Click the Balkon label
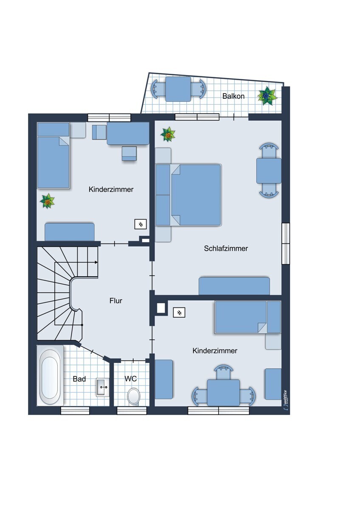coord(233,96)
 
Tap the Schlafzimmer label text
coord(226,249)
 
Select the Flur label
coord(116,301)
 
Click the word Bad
coord(79,379)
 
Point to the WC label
coord(130,379)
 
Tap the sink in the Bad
coord(103,387)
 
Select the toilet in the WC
coord(133,397)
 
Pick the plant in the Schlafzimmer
coord(168,134)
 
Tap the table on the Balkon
coord(178,89)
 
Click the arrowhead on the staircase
coord(96,262)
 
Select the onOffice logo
coord(286,400)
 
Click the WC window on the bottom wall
coord(132,411)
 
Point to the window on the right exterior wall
coord(286,243)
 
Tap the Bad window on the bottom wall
coord(75,411)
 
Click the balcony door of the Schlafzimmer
coord(234,117)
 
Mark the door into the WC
coord(133,361)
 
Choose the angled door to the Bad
coord(92,352)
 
